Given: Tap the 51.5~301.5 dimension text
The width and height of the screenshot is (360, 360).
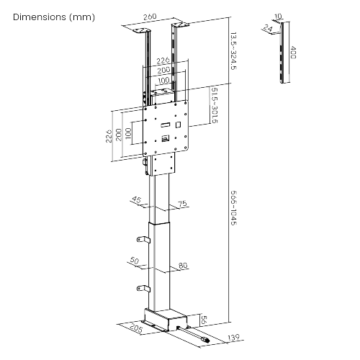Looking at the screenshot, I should click(215, 105).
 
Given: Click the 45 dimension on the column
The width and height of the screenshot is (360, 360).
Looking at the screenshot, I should click(136, 200).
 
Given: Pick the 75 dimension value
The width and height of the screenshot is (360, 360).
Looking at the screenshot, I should click(183, 204).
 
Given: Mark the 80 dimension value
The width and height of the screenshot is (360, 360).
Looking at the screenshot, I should click(183, 266).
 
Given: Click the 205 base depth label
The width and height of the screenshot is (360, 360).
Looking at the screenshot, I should click(136, 332).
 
